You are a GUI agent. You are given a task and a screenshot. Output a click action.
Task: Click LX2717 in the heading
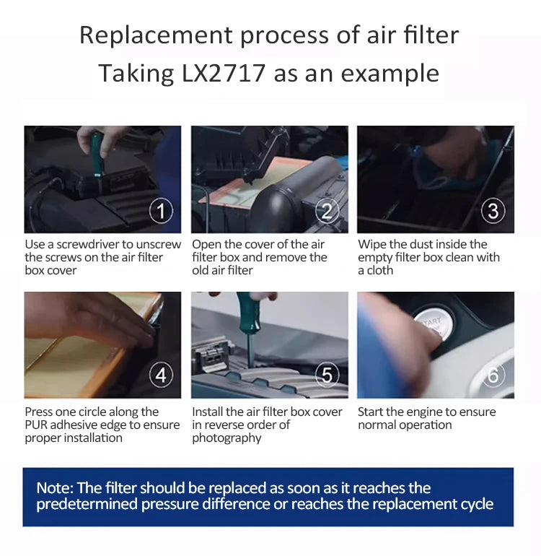coord(223,73)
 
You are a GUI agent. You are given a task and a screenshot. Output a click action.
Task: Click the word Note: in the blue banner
coord(55,488)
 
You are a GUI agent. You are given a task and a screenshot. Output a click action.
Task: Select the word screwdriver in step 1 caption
coord(88,244)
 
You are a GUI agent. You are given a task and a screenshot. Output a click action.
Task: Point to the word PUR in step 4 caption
coord(36,425)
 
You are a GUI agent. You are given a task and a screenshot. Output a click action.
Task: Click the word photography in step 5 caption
coord(226,438)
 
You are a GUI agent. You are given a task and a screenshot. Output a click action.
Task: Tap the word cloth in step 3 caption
coord(380,271)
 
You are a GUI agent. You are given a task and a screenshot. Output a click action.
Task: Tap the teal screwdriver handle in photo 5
coord(248,313)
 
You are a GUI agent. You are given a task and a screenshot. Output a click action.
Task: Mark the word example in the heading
coord(390,74)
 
